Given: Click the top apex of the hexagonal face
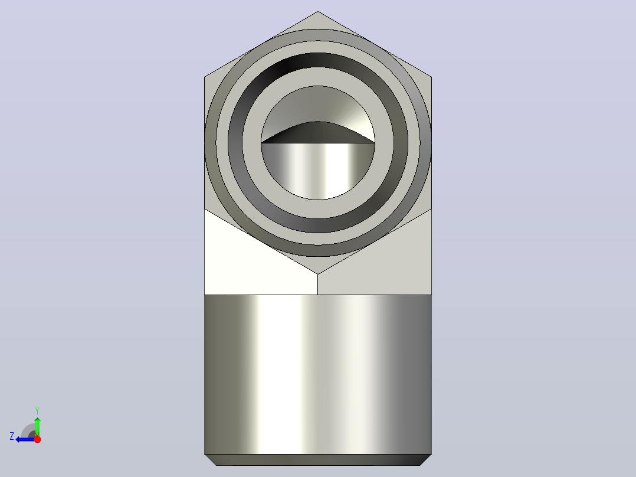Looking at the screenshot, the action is [317, 11].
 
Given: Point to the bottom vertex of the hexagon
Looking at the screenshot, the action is [317, 274].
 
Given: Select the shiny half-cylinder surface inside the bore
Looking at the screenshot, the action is [317, 171].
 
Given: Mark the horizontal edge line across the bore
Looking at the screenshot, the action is [317, 143].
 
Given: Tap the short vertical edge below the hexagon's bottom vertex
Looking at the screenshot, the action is [317, 284].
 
